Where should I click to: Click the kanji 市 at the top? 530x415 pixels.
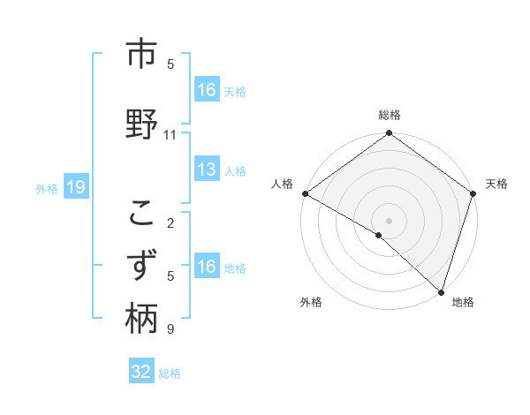[141, 56]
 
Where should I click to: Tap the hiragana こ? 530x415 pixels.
[141, 213]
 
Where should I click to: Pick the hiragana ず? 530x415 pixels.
[141, 266]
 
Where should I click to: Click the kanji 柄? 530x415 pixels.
[141, 318]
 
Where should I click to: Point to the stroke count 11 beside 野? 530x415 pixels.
[170, 135]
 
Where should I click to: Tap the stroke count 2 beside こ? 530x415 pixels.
[170, 223]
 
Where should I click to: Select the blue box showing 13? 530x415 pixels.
[207, 170]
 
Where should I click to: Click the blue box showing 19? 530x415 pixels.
[75, 187]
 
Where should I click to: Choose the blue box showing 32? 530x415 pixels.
[141, 372]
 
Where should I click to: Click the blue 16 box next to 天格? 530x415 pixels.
[207, 89]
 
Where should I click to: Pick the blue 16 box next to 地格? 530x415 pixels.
[207, 268]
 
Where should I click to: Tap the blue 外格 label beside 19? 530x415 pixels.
[47, 188]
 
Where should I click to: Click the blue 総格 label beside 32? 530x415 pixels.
[170, 373]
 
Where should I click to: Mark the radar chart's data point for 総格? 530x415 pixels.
[389, 134]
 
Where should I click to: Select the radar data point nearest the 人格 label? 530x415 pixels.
[305, 193]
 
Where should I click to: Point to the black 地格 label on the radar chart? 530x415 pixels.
[463, 302]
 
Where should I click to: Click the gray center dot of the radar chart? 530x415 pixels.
[389, 221]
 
